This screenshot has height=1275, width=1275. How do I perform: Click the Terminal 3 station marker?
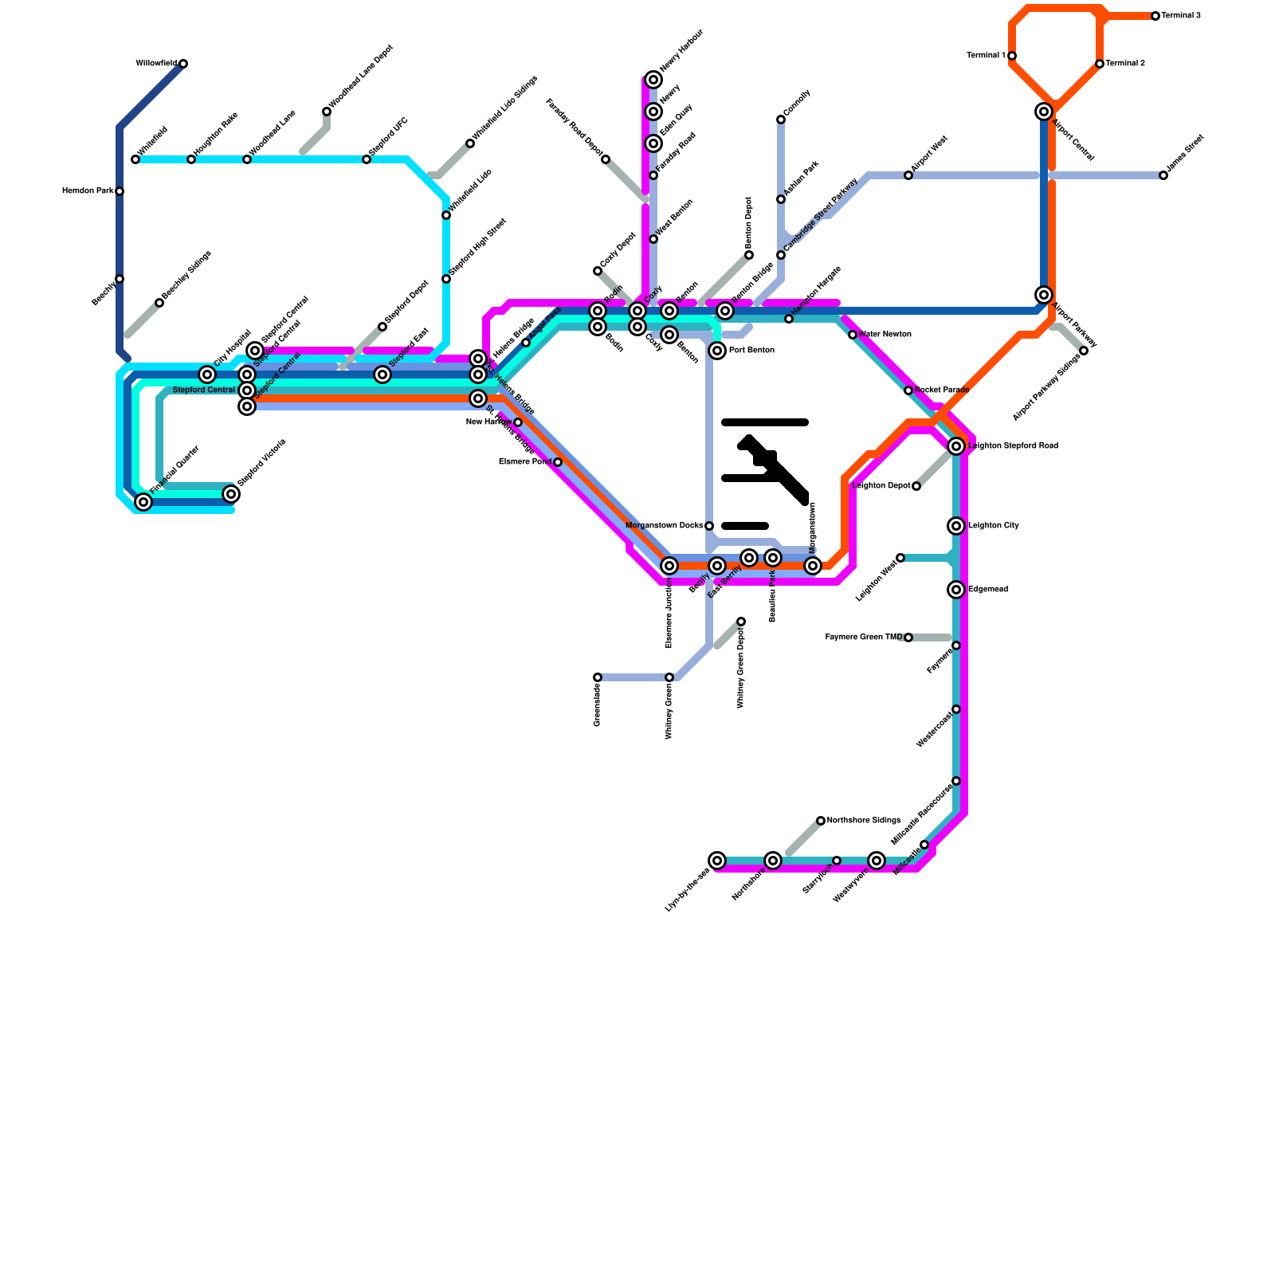[x=1155, y=16]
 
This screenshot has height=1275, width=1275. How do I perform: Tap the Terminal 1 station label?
[x=986, y=56]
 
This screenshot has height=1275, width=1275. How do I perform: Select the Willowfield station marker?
[x=183, y=64]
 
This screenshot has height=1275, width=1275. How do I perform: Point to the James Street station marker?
[x=1163, y=175]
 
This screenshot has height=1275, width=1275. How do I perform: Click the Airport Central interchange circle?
[x=1044, y=112]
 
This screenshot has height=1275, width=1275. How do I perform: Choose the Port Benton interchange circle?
[x=717, y=351]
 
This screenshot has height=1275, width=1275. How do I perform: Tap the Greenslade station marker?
[x=598, y=677]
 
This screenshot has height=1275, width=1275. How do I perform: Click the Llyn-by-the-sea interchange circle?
[x=717, y=861]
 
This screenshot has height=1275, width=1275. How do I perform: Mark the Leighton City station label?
[x=993, y=526]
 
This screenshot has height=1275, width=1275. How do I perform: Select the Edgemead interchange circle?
[x=956, y=590]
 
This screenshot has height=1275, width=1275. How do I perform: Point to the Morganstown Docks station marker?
[x=709, y=526]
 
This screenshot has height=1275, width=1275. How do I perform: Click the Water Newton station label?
[x=885, y=335]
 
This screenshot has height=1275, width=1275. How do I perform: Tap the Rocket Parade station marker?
[x=908, y=390]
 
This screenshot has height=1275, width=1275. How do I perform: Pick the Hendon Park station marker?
[x=120, y=191]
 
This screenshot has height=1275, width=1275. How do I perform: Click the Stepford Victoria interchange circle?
[x=231, y=494]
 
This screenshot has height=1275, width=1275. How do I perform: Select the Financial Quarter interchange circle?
[x=143, y=502]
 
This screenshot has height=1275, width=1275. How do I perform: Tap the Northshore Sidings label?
[x=864, y=821]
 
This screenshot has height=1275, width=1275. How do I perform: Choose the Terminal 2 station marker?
[x=1100, y=64]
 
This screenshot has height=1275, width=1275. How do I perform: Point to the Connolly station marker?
[x=781, y=120]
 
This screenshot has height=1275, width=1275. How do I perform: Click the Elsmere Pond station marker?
[x=558, y=462]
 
